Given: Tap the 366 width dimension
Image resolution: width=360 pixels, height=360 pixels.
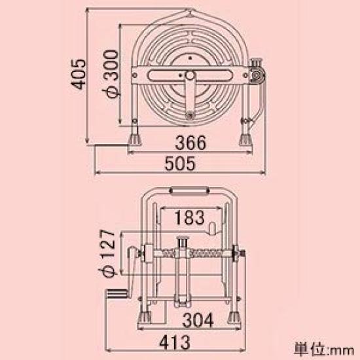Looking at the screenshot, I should point(191,142).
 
